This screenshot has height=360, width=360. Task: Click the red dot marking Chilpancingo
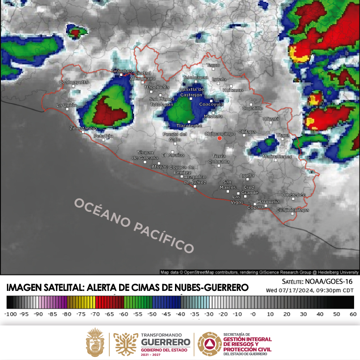(220, 138)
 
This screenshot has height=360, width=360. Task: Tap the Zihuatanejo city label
(83, 128)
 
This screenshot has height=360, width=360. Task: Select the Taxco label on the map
(213, 65)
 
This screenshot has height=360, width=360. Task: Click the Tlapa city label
(283, 135)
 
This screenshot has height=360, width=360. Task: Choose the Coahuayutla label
(73, 82)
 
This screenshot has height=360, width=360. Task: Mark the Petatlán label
(103, 135)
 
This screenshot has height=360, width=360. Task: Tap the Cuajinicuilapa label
(293, 210)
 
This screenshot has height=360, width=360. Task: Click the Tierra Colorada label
(219, 159)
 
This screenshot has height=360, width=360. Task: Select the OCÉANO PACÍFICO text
(134, 225)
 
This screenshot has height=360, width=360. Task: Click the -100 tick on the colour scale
(10, 314)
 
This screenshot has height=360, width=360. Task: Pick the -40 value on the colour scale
(180, 314)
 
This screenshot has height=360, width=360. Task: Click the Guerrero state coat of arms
(95, 342)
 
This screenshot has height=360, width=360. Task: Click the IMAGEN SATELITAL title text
(127, 287)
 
